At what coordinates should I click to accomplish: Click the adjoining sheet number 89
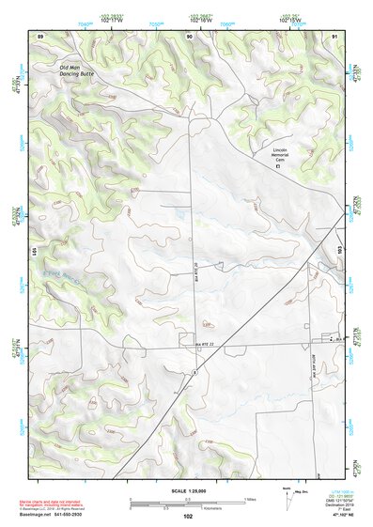[x=39, y=36]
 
